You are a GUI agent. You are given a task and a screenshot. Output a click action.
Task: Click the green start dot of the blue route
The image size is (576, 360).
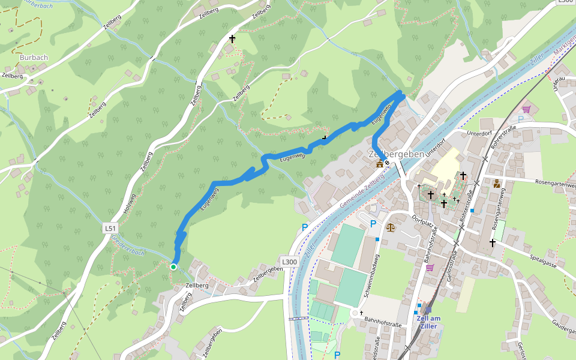pyautogui.click(x=173, y=267)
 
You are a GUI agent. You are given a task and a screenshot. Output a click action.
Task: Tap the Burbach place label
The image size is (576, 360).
pyautogui.click(x=34, y=58)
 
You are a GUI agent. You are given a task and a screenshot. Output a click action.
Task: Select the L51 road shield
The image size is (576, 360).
pyautogui.click(x=109, y=228)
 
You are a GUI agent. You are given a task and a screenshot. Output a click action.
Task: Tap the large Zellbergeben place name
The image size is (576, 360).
pyautogui.click(x=397, y=154)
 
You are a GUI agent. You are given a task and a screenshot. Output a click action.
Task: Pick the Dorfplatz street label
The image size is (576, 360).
pyautogui.click(x=422, y=224)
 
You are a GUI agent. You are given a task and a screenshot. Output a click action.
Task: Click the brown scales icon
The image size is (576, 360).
pyautogui.click(x=391, y=227)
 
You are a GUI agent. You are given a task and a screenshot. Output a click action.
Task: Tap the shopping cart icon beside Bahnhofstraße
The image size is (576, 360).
pyautogui.click(x=430, y=267)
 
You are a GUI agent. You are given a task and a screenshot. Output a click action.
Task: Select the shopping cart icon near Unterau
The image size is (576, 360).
pyautogui.click(x=526, y=109)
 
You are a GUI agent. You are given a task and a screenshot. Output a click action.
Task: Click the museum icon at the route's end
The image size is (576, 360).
pyautogui.click(x=379, y=164)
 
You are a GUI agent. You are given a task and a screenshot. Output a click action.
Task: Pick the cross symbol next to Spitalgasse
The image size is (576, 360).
pyautogui.click(x=492, y=242)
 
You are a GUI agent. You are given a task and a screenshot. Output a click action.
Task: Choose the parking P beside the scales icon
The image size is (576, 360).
pyautogui.click(x=373, y=224)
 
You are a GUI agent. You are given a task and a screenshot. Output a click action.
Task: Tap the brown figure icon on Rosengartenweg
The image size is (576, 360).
pyautogui.click(x=497, y=184)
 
